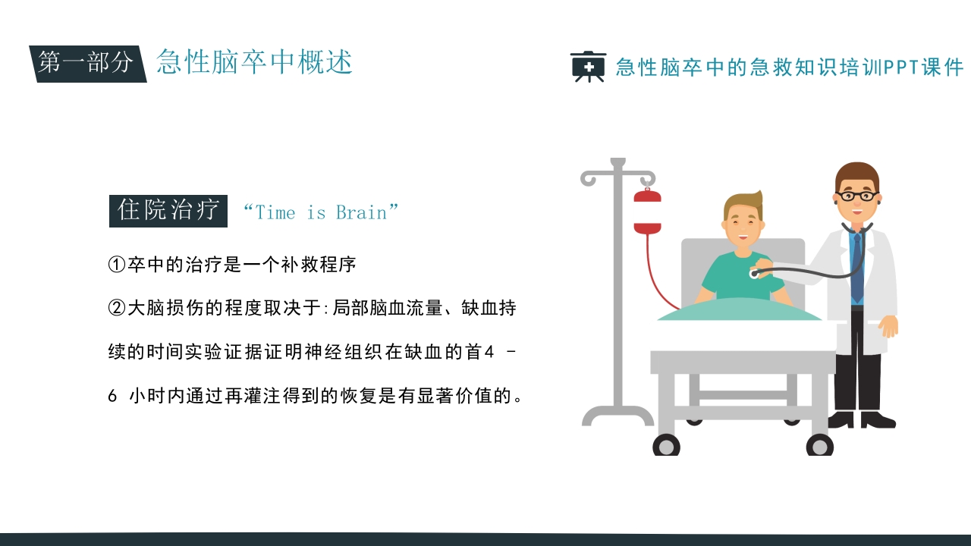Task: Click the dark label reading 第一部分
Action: click(x=86, y=63)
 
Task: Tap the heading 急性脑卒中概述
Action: click(x=254, y=62)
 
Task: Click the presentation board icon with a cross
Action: click(x=588, y=67)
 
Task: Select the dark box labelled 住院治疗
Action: click(x=168, y=210)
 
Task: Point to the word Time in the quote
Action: click(x=275, y=212)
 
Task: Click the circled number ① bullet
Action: click(x=116, y=265)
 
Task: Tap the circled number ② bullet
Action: click(x=116, y=308)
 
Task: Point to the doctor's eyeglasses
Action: click(x=857, y=196)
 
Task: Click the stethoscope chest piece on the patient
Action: click(x=754, y=273)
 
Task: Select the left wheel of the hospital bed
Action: click(x=666, y=445)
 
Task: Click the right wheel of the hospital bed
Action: click(x=819, y=445)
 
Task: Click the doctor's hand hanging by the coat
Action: click(x=888, y=326)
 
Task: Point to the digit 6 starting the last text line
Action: click(x=113, y=396)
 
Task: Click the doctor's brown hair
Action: click(x=857, y=174)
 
